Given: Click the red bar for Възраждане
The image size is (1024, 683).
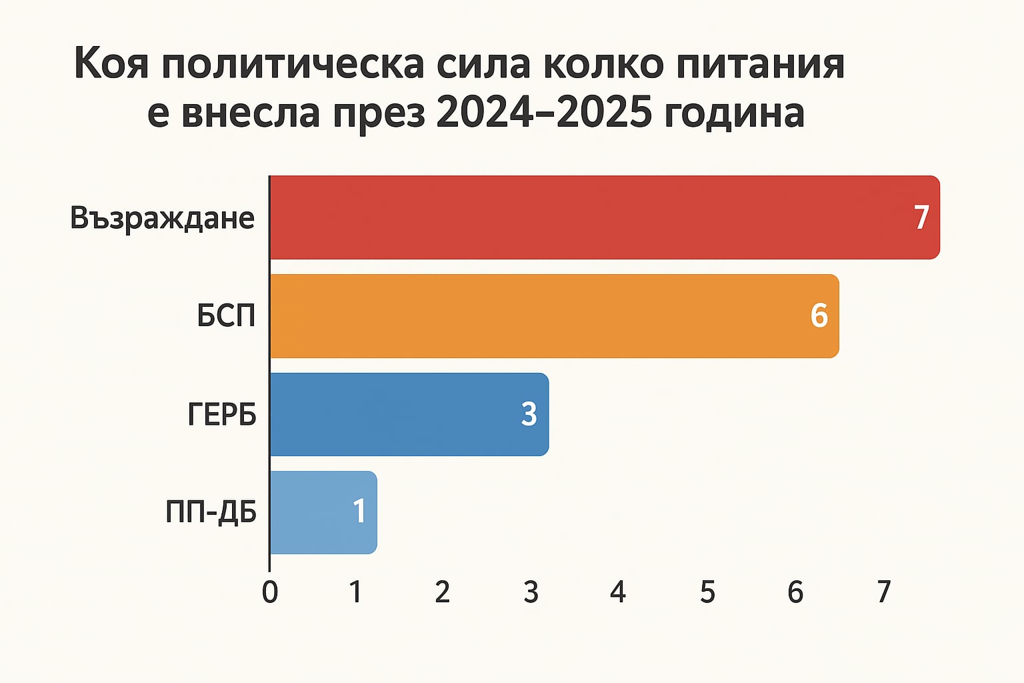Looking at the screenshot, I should tap(587, 217).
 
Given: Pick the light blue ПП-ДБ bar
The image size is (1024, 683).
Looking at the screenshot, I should tap(313, 512).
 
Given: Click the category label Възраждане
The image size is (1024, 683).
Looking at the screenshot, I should tap(163, 219).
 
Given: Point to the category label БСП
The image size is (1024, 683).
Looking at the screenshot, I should tap(227, 316).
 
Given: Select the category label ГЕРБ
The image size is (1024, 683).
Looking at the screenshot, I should tap(222, 415).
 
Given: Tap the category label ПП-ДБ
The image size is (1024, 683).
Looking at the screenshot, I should tap(211, 513).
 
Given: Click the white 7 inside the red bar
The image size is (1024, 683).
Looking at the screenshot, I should tap(921, 218).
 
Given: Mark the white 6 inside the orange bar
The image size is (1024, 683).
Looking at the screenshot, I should tap(819, 316).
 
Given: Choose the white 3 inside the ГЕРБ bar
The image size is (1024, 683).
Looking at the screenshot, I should tap(529, 415).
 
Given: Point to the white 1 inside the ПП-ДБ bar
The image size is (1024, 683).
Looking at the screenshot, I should tap(359, 512).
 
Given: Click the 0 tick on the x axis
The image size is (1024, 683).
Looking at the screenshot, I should tap(270, 592).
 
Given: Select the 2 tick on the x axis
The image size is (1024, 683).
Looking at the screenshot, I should tap(442, 592).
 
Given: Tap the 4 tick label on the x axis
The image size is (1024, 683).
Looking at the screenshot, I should tap(618, 592).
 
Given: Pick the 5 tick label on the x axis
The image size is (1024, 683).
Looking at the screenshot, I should tap(707, 592).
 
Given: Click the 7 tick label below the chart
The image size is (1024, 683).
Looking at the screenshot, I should tap(883, 592).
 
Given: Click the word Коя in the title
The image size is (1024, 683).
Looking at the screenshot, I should tap(111, 65).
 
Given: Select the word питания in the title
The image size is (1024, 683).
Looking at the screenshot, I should tap(761, 65).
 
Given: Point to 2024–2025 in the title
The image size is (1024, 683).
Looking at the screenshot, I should tap(544, 113).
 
